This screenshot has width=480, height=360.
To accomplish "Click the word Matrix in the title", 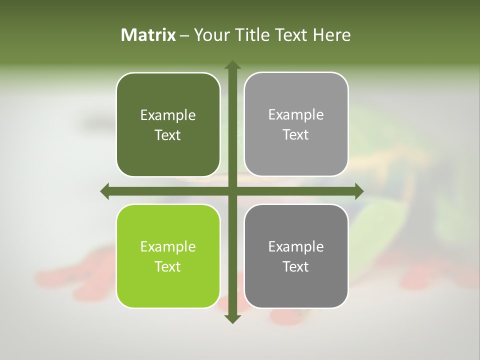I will point(148,35).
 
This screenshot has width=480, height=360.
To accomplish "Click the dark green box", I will point(168,125).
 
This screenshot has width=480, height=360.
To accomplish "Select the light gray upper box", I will point(296,124).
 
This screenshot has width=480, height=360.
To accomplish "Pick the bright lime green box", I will point(168,256).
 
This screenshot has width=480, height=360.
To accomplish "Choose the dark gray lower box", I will point(296,256).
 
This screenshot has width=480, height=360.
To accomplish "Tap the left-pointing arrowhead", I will point(105,191).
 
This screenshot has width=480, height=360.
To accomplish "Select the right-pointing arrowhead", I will point(359,191).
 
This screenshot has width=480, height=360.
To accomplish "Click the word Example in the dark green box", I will point(168,115).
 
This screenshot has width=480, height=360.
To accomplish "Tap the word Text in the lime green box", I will point(168,266).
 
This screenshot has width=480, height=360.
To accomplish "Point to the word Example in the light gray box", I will point(296,115).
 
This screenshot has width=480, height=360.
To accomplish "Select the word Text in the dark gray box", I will point(296,266).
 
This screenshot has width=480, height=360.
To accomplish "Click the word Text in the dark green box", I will point(168,135).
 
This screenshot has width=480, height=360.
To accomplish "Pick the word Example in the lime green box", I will point(168,246).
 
